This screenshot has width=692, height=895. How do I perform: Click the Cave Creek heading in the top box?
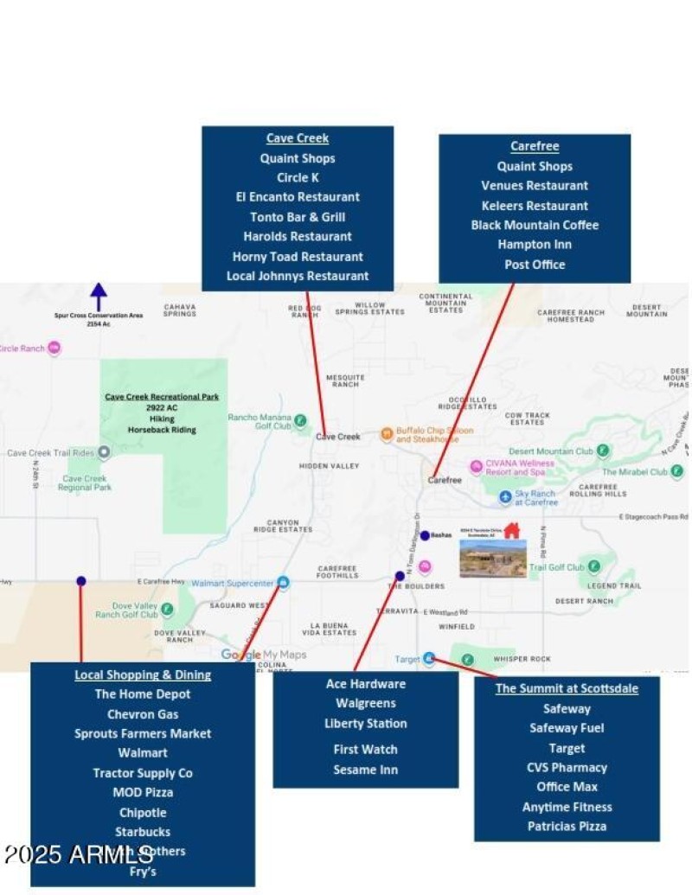click(x=298, y=138)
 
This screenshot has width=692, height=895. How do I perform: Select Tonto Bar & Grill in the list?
click(x=298, y=217)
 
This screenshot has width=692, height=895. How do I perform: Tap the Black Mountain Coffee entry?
click(x=535, y=225)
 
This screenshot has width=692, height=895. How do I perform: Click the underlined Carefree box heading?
click(x=535, y=146)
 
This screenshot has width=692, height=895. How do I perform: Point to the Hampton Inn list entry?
click(x=535, y=245)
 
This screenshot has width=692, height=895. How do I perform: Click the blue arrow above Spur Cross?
click(x=99, y=296)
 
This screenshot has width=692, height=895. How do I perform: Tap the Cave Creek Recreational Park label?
click(x=162, y=397)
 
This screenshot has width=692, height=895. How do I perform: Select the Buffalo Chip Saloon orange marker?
click(x=387, y=433)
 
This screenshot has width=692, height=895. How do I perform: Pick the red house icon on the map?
click(x=511, y=530)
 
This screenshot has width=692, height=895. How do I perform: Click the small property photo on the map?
click(x=493, y=558)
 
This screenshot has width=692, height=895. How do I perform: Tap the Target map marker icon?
click(x=429, y=659)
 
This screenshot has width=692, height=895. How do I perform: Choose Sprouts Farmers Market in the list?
click(x=143, y=733)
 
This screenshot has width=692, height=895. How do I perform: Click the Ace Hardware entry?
click(x=366, y=684)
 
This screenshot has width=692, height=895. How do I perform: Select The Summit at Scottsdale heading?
click(x=567, y=688)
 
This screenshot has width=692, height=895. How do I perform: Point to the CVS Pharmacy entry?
click(x=567, y=767)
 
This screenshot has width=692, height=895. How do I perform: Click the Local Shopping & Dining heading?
click(x=143, y=674)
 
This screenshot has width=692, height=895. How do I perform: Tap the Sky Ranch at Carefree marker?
click(x=506, y=497)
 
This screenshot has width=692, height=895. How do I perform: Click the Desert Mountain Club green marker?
click(x=603, y=451)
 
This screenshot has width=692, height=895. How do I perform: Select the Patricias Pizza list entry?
click(x=567, y=826)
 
